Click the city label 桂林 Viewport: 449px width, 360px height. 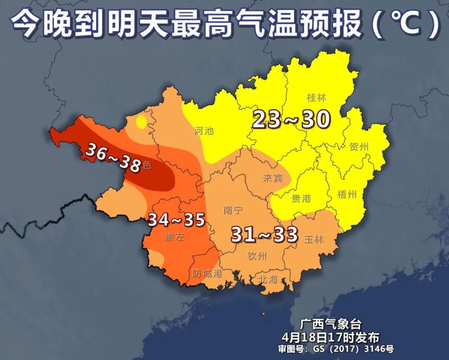click(x=316, y=98)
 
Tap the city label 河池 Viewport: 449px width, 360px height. click(x=204, y=131)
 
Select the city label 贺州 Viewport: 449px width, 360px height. click(x=359, y=147)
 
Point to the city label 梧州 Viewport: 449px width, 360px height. click(x=348, y=195)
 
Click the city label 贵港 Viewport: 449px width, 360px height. click(x=301, y=198)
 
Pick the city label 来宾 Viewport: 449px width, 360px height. click(x=273, y=178)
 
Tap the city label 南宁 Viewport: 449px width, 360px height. click(x=233, y=210)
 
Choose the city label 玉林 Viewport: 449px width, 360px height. click(x=314, y=240)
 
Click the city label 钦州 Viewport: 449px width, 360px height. click(x=257, y=256)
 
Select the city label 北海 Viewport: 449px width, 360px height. click(x=267, y=279)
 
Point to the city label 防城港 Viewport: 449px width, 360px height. click(x=207, y=274)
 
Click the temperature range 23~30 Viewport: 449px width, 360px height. click(x=291, y=120)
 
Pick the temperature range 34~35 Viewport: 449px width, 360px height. click(x=177, y=219)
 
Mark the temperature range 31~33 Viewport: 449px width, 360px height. click(x=264, y=235)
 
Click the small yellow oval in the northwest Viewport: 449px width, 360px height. click(x=141, y=122)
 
